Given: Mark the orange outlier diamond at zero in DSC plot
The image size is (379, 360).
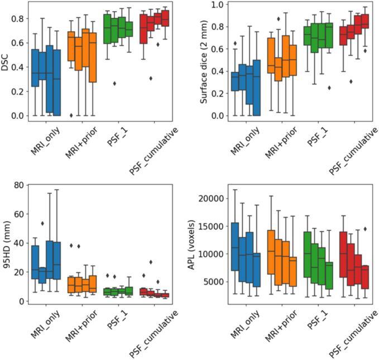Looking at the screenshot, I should point(71,115).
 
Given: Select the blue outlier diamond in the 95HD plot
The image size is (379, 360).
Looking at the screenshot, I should point(42,223).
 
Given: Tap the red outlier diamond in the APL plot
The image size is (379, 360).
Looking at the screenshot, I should point(365,229).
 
